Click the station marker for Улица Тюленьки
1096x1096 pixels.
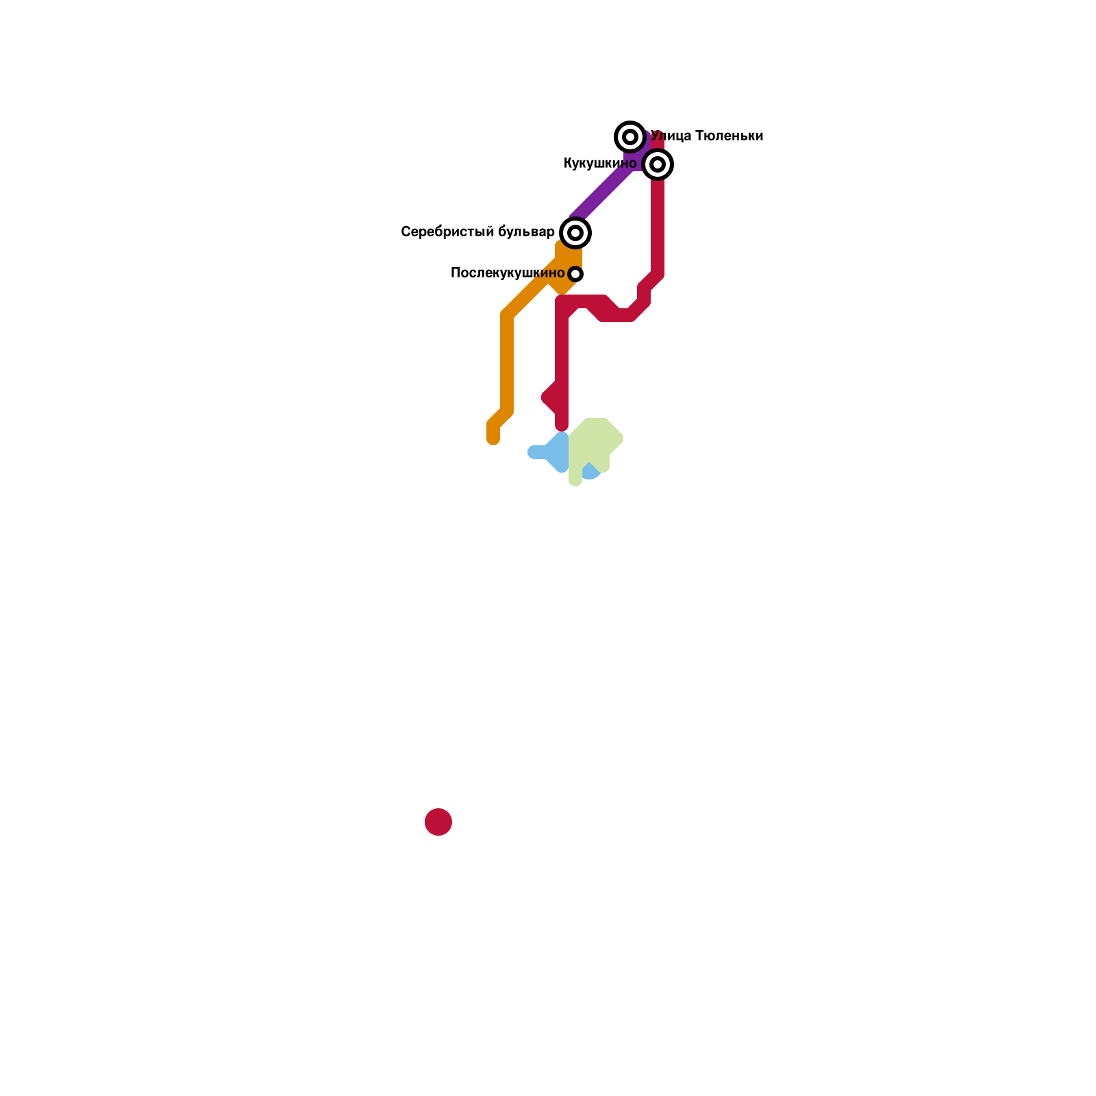(630, 137)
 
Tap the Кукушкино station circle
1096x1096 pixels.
(658, 164)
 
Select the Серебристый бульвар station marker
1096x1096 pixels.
(575, 233)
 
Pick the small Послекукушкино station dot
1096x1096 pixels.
(575, 274)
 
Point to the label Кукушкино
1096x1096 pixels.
(599, 164)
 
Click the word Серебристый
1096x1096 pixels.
(447, 232)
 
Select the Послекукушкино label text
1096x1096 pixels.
(508, 273)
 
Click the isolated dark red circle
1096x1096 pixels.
(438, 822)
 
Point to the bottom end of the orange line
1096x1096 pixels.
(493, 438)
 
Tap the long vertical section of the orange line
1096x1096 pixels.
(507, 363)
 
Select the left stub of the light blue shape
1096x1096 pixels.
(536, 452)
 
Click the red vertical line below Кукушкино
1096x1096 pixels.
(658, 226)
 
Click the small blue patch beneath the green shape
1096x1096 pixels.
(590, 473)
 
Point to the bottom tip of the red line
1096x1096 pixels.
(562, 426)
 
